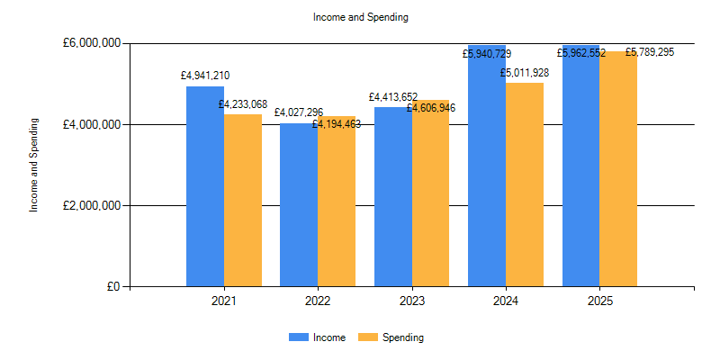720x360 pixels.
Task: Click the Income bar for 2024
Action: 487,171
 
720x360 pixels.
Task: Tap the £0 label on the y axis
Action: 112,287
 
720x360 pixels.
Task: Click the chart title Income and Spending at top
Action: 360,17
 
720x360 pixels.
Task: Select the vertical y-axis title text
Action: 34,165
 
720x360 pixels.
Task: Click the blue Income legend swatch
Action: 298,337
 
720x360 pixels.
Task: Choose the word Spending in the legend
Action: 402,337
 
